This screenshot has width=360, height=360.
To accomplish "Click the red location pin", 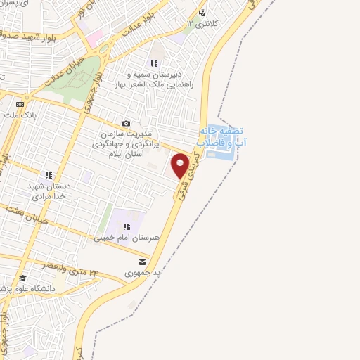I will pyautogui.click(x=180, y=165).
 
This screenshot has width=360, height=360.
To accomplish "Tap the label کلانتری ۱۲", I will pyautogui.click(x=200, y=24).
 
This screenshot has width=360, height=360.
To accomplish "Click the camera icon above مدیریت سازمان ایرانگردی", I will pyautogui.click(x=127, y=123).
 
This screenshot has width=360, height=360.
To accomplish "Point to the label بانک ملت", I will pyautogui.click(x=19, y=114).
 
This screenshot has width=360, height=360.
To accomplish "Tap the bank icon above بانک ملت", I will pyautogui.click(x=19, y=103).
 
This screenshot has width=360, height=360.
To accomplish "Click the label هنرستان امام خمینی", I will pyautogui.click(x=127, y=238).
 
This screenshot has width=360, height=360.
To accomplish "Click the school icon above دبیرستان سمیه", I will pyautogui.click(x=154, y=63).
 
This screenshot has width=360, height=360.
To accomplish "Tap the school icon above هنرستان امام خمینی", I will pyautogui.click(x=127, y=226).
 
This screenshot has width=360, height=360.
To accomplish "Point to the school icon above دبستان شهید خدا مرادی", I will pyautogui.click(x=48, y=175).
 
